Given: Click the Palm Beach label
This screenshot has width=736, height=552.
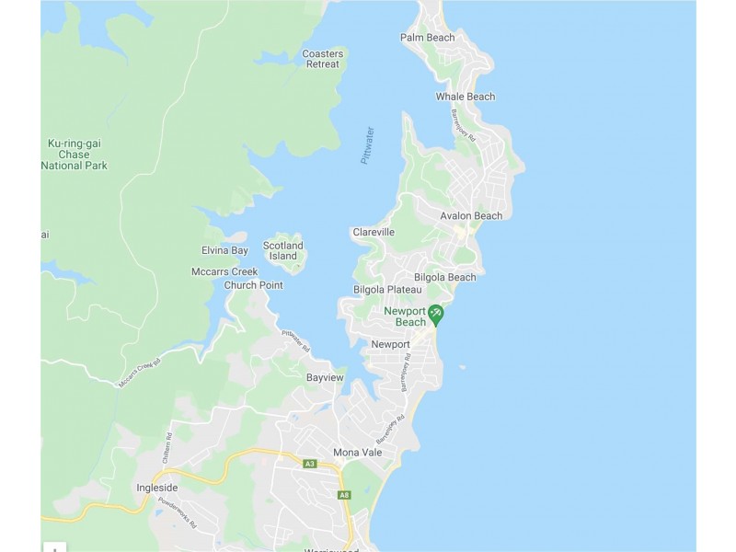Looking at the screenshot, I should pos(427,38).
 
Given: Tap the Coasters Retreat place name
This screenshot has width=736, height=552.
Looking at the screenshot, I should pos(323,59).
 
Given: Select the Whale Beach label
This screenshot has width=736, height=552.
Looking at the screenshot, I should pos(465,97).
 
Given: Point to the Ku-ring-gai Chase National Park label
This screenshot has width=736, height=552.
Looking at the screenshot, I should pos(76,155).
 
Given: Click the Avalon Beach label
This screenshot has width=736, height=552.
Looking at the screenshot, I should pos(471,216).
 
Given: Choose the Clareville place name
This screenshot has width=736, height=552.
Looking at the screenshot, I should pos(374,233).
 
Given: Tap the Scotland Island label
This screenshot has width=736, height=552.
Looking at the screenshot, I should pos(282,251).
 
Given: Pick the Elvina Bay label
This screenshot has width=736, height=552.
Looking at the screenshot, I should pos(224,251).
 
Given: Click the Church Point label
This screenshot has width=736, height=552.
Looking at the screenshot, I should pos(253,285).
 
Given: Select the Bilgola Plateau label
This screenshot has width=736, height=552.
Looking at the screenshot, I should pos(387,290).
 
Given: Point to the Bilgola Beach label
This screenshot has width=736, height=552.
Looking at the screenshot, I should pos(445,277).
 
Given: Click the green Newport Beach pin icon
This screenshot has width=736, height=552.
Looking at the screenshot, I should pos(436,315).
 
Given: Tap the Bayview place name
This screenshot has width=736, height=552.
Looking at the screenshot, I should pos(325,378).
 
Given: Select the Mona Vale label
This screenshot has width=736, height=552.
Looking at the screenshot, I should pos(357,453).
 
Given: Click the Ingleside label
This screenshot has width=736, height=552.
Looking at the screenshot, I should pos(156,488).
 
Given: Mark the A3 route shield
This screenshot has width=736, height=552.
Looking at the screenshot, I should pos(309,464).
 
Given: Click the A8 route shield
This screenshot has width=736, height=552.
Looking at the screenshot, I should pos(344,495).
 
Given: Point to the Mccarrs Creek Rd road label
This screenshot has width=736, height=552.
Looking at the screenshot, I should pos(139,373).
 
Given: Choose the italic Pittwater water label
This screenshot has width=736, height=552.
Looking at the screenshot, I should pos(368,145).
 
